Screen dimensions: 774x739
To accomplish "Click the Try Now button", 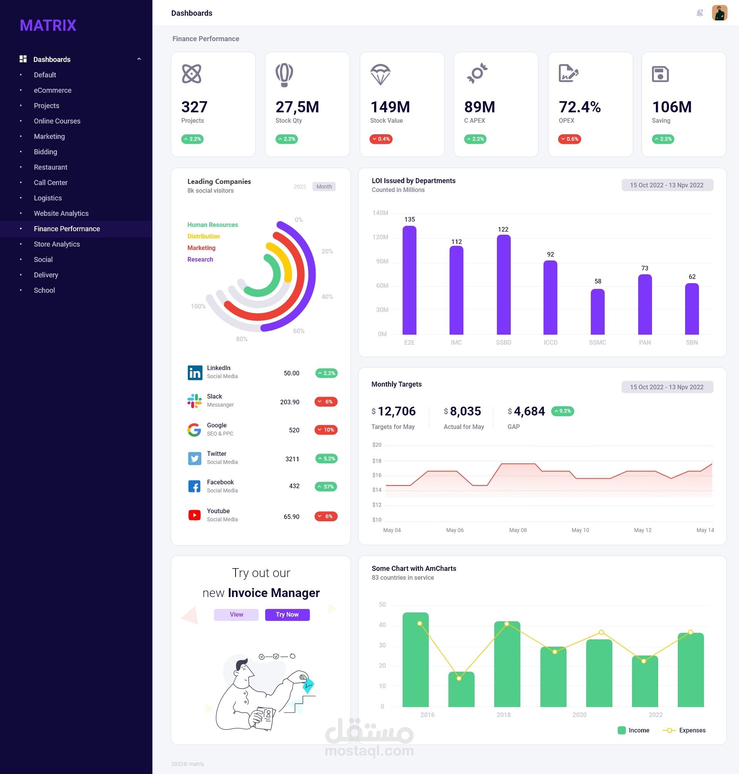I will (x=287, y=615).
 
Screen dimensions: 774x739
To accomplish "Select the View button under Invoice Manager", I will (x=236, y=615).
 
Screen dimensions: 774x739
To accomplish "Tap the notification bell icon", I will (x=700, y=13).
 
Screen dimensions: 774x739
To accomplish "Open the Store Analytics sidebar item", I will (x=57, y=244).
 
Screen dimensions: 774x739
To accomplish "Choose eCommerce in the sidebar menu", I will (x=52, y=90).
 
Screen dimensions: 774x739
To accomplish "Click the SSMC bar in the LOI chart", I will (x=597, y=312).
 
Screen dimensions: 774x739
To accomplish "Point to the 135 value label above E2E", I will (x=409, y=219).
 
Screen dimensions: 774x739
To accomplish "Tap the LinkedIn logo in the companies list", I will (x=195, y=372).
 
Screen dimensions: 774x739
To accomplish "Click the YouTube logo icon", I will (x=195, y=515).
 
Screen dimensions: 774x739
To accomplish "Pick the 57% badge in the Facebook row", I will (x=326, y=487).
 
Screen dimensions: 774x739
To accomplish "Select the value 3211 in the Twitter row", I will (x=292, y=459).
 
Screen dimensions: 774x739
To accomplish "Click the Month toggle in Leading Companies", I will (x=324, y=187).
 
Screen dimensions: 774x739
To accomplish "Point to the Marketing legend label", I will (x=201, y=248).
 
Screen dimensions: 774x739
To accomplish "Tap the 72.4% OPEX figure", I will (x=580, y=107).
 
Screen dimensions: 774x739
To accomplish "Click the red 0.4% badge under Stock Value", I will (x=381, y=139).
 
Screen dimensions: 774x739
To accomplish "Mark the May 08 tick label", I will (x=518, y=530).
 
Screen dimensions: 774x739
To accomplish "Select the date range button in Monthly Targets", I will (x=667, y=387).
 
